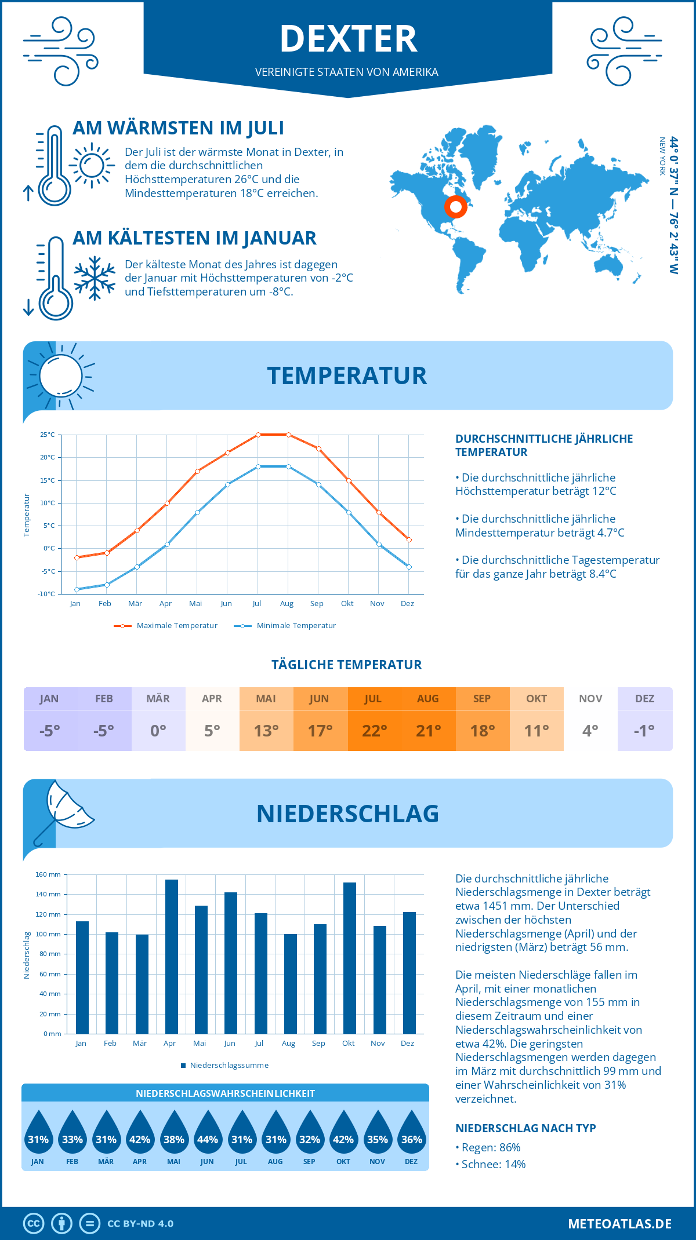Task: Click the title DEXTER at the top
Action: (x=348, y=39)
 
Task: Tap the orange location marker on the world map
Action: (x=456, y=207)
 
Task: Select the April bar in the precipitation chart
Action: (x=172, y=956)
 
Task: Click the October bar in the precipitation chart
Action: (x=349, y=958)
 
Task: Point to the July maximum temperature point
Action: (x=258, y=435)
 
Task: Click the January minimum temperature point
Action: (x=77, y=589)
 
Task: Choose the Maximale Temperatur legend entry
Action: (x=166, y=626)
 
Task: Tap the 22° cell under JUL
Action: (x=374, y=731)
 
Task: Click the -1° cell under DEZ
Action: (x=644, y=731)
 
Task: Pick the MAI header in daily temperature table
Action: (x=266, y=699)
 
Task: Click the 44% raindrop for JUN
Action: (x=208, y=1136)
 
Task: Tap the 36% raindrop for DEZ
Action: (x=411, y=1136)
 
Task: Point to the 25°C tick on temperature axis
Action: (x=48, y=435)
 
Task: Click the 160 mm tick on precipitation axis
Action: (x=48, y=874)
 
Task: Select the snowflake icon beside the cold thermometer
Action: (x=95, y=278)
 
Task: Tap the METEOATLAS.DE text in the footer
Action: (x=619, y=1224)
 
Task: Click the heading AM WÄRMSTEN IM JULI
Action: (x=178, y=128)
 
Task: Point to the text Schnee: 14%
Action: (x=493, y=1164)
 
